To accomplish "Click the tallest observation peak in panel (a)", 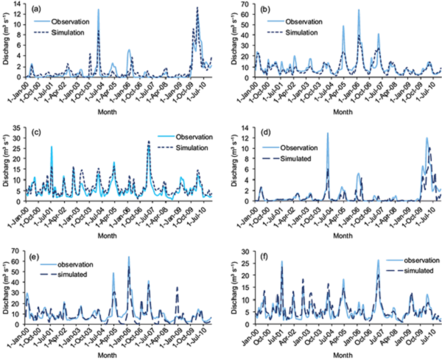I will point(98,10).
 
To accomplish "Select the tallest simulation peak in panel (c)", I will point(148,141).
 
